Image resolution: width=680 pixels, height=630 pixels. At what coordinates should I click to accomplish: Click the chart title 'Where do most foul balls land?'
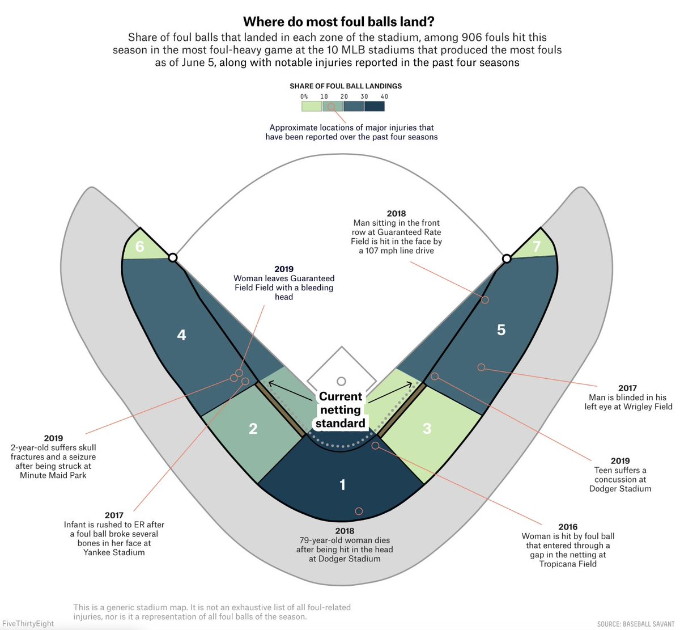click(339, 22)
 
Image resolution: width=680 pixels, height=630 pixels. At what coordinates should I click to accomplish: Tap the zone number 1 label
click(342, 485)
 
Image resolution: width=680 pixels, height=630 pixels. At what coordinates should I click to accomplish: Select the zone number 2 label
click(253, 429)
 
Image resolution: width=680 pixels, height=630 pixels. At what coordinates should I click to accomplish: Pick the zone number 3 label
click(427, 429)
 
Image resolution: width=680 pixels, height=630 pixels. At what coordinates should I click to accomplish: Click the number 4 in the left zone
click(181, 335)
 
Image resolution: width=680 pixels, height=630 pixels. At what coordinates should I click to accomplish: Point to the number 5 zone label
click(501, 330)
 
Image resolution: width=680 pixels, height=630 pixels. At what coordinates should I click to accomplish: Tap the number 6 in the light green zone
click(139, 247)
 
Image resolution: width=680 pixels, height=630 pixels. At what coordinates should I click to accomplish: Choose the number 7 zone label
click(537, 247)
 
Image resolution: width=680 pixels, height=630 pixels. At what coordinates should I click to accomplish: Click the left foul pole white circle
click(173, 258)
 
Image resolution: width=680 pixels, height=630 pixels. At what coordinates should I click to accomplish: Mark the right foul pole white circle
click(507, 259)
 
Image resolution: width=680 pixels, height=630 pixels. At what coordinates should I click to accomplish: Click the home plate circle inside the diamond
click(341, 382)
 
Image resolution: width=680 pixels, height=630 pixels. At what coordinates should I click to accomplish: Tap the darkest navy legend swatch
click(375, 106)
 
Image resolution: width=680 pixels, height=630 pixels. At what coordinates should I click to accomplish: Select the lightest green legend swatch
click(311, 106)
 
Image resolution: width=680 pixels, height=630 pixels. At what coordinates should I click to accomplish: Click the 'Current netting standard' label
click(341, 410)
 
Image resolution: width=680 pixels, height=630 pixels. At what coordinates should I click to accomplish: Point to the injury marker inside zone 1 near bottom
click(359, 511)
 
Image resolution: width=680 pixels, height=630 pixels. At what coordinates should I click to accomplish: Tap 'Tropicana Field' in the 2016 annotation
click(568, 564)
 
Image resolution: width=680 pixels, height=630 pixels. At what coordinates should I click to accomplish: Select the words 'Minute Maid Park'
click(53, 475)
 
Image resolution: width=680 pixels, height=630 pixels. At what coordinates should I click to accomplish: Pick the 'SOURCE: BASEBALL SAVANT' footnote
click(635, 624)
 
